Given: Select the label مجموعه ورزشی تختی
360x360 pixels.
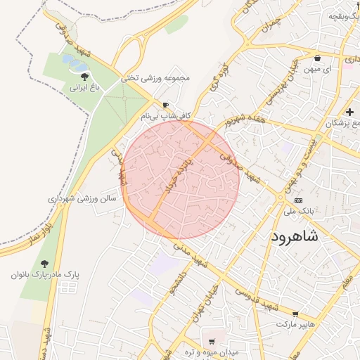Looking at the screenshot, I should click(x=155, y=79).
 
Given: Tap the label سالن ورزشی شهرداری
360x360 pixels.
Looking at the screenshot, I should click(x=82, y=199).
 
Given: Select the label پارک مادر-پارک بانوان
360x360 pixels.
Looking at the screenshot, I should click(x=45, y=274).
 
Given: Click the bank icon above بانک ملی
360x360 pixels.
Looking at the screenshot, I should click(x=299, y=200).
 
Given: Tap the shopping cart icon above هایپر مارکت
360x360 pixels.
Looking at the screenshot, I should click(x=295, y=314).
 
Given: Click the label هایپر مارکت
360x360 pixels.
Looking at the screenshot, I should click(x=293, y=325).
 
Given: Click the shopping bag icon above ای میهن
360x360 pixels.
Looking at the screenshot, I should click(x=318, y=58).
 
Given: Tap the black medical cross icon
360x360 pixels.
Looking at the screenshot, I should click(x=349, y=112).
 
